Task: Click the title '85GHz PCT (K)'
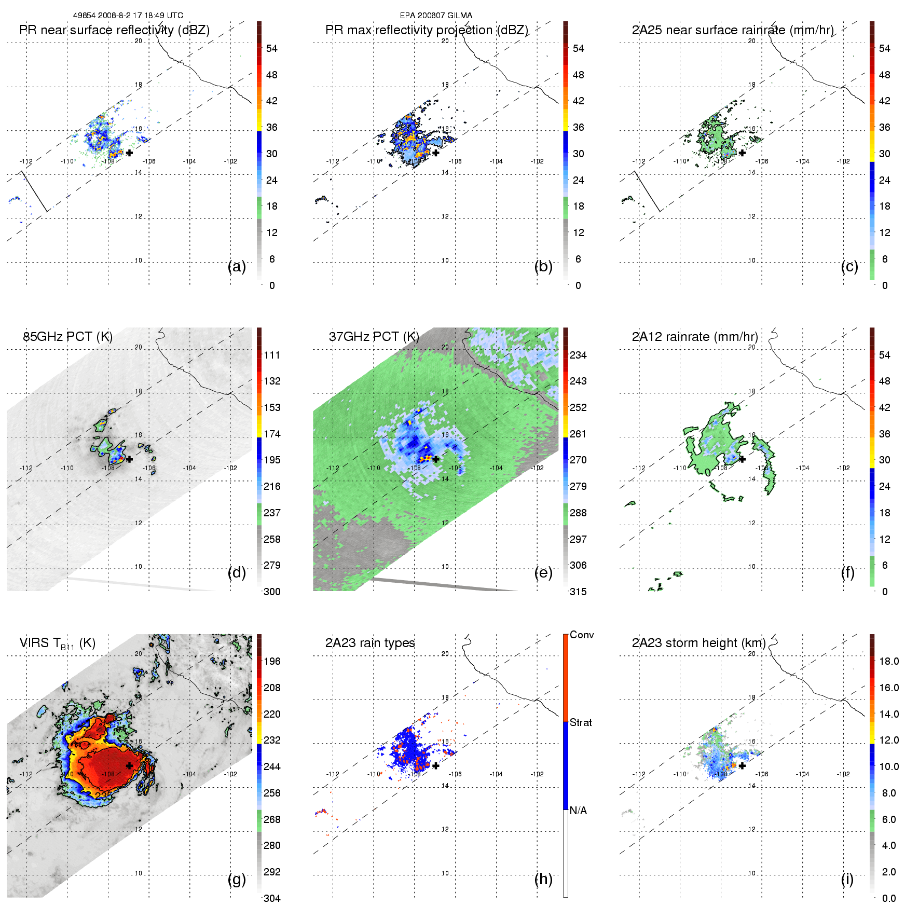click(67, 336)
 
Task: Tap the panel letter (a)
click(237, 266)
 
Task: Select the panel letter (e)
click(543, 572)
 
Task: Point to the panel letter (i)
click(847, 879)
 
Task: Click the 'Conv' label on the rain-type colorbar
click(582, 635)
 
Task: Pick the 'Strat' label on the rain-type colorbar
click(581, 722)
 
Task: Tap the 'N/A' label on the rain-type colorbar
click(578, 811)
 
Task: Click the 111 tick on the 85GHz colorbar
click(272, 355)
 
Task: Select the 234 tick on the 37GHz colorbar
click(578, 355)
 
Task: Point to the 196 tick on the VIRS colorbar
click(272, 661)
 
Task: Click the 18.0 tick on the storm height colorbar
click(889, 661)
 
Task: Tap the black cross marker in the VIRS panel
click(129, 766)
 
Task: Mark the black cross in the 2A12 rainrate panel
click(742, 459)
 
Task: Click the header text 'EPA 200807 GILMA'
click(436, 16)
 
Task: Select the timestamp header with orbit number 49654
click(128, 16)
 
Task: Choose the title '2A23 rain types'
click(370, 643)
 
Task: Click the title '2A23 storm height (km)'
click(698, 643)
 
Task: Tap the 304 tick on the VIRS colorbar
click(272, 898)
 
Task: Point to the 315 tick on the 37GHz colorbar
click(578, 592)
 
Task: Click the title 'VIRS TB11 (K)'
click(57, 643)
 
